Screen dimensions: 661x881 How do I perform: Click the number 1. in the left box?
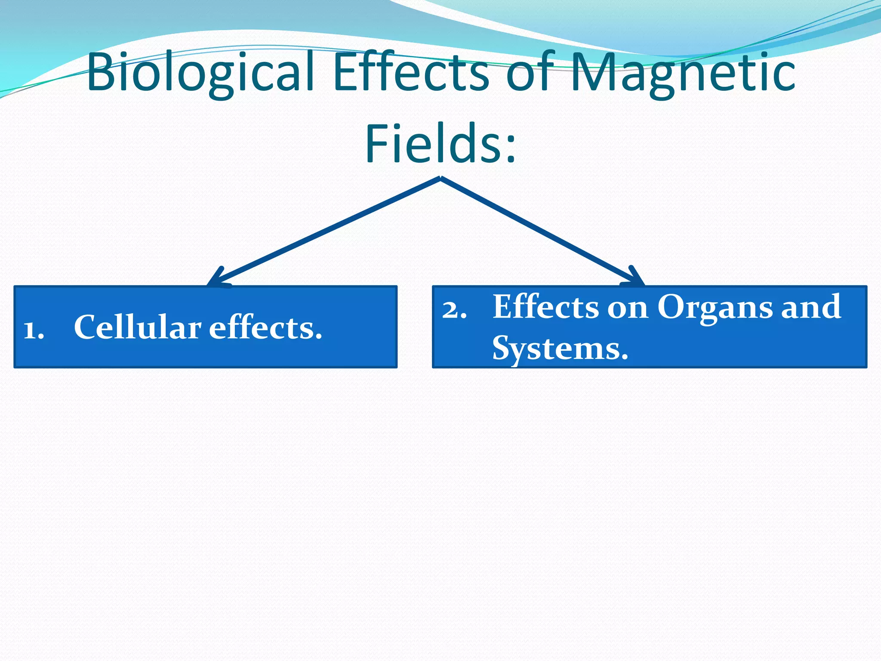click(x=34, y=330)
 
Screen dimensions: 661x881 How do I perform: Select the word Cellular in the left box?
click(x=137, y=327)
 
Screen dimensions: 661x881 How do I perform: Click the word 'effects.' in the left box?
click(x=265, y=327)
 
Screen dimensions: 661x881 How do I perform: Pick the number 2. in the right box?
click(x=454, y=309)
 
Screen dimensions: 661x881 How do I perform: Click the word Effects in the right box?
click(x=545, y=306)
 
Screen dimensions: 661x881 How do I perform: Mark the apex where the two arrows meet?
click(x=440, y=178)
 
